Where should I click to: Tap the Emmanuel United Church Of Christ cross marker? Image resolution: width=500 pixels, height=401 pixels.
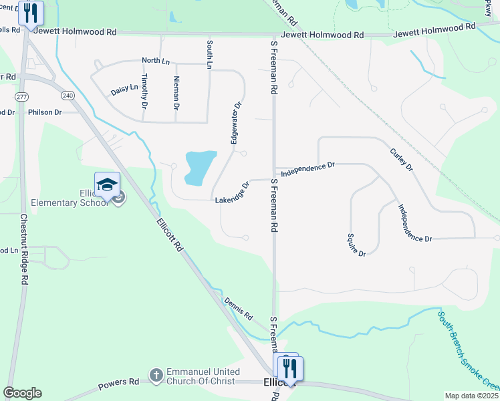[156, 375]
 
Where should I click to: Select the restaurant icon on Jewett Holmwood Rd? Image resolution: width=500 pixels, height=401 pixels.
[30, 13]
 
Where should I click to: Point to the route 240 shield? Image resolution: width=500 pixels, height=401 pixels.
[67, 96]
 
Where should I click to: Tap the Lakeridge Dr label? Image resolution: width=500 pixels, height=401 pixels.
[232, 193]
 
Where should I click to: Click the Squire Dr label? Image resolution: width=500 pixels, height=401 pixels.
[356, 245]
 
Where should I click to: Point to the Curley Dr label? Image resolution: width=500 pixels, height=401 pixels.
[401, 159]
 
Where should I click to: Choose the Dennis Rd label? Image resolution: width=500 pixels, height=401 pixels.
[239, 308]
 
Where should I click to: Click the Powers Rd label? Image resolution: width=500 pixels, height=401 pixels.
[118, 384]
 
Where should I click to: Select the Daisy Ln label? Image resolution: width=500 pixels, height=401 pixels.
[124, 88]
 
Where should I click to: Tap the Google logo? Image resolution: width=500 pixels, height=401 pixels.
[22, 393]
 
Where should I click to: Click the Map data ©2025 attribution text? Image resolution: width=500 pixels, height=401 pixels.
[471, 396]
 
